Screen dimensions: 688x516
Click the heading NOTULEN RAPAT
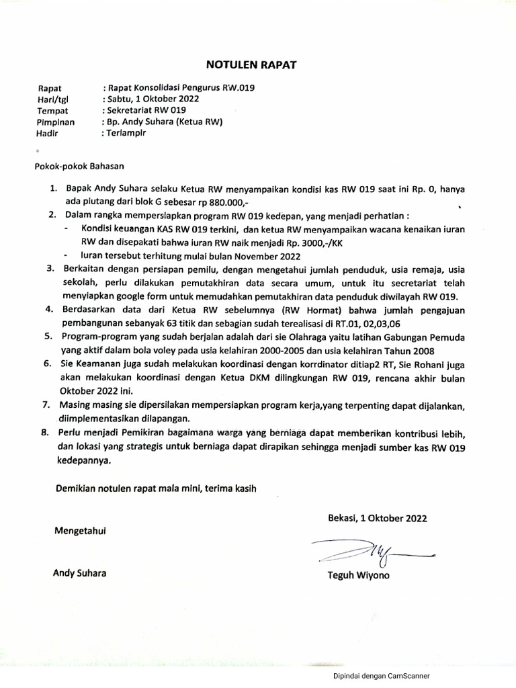[250, 64]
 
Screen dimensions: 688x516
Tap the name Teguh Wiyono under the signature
[357, 576]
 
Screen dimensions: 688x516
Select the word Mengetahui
[80, 530]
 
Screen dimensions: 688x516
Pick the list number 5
[49, 337]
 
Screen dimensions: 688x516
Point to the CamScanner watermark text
[381, 677]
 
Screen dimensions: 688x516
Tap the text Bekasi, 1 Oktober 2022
[377, 518]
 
